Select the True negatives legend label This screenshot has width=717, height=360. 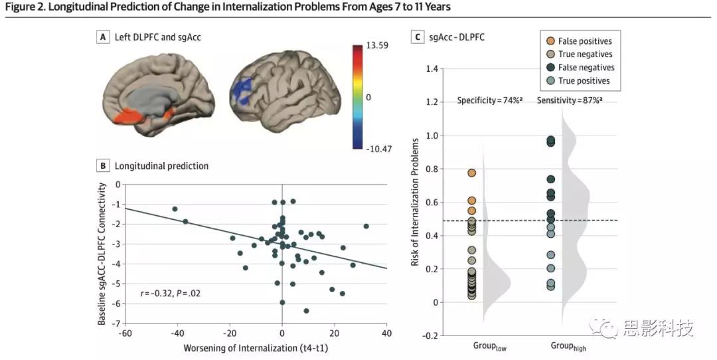[x=585, y=54]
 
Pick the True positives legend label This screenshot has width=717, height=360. [x=584, y=81]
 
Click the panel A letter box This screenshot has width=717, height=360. [x=102, y=38]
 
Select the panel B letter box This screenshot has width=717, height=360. [x=102, y=165]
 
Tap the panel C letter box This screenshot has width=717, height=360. [x=418, y=37]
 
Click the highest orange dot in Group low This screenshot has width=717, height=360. [x=471, y=173]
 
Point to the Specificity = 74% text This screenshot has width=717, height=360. [x=490, y=100]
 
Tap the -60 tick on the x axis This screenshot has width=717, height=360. [x=125, y=333]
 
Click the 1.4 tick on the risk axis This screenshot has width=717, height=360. [x=432, y=69]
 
